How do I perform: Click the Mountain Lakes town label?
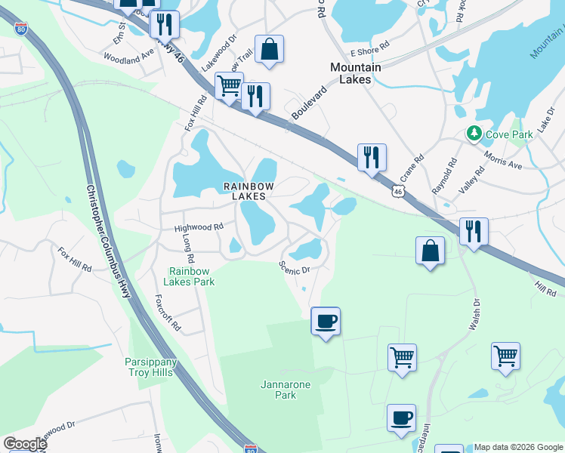pyautogui.click(x=356, y=73)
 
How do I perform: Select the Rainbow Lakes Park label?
pyautogui.click(x=192, y=276)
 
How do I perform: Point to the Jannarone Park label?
pyautogui.click(x=274, y=389)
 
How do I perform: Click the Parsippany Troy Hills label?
pyautogui.click(x=150, y=367)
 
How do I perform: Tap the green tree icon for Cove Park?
pyautogui.click(x=474, y=134)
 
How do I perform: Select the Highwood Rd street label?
pyautogui.click(x=199, y=226)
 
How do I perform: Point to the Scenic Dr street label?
pyautogui.click(x=295, y=267)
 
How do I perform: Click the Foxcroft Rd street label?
pyautogui.click(x=168, y=313)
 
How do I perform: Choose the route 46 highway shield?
pyautogui.click(x=397, y=193)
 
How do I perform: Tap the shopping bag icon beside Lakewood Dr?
pyautogui.click(x=269, y=50)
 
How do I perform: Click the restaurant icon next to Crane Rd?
pyautogui.click(x=371, y=158)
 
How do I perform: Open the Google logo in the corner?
pyautogui.click(x=25, y=444)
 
